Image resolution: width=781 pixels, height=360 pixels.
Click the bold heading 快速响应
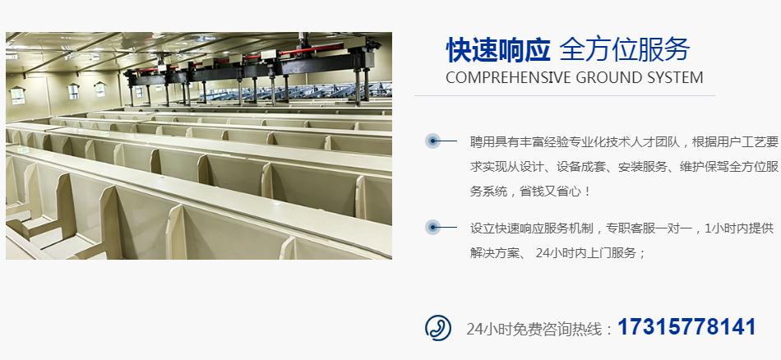[498, 50]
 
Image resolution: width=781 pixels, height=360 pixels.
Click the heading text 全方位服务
[625, 50]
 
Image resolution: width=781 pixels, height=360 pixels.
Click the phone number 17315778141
[686, 327]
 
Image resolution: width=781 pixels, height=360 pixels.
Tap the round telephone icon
[438, 328]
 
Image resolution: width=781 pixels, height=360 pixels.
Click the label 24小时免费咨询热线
[534, 329]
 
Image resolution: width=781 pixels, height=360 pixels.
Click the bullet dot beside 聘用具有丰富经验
[432, 141]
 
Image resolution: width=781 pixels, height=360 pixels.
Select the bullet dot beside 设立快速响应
[432, 228]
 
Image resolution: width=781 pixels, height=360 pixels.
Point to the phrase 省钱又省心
[550, 192]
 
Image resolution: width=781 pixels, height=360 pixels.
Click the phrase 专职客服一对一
[649, 228]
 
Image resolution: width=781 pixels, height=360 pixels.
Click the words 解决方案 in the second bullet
[495, 253]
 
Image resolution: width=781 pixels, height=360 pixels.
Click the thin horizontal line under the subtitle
[564, 95]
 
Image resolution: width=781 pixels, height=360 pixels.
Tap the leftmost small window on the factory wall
[17, 95]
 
